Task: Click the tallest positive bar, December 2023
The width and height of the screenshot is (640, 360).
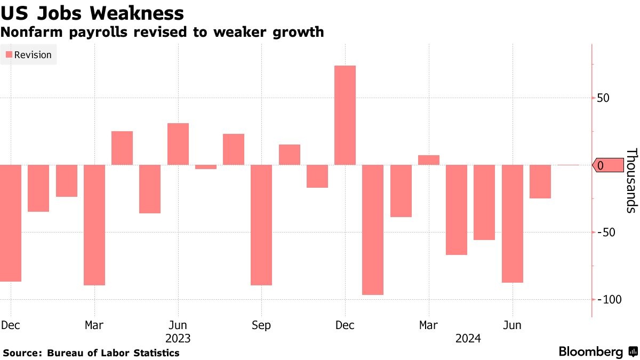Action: (x=345, y=115)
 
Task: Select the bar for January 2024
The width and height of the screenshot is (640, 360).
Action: (x=373, y=229)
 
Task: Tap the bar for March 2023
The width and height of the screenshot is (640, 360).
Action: (x=94, y=225)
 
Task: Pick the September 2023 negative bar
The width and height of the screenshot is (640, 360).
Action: (x=261, y=225)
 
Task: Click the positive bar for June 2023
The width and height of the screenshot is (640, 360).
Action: (x=178, y=144)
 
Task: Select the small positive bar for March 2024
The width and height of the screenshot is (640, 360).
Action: (x=429, y=160)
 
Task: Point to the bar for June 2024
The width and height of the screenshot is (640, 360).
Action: (x=513, y=223)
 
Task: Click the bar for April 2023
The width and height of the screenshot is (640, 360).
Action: (x=122, y=148)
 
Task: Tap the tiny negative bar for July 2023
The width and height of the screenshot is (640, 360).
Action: (x=206, y=167)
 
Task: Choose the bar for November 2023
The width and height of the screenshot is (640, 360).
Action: (x=317, y=176)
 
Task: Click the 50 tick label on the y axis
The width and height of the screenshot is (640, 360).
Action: (x=603, y=98)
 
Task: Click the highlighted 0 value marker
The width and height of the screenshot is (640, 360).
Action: (x=608, y=165)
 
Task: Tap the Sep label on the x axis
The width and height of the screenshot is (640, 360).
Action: (x=261, y=325)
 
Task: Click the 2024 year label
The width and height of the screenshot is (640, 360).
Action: (x=468, y=339)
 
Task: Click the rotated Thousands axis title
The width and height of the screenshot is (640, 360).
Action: (x=630, y=180)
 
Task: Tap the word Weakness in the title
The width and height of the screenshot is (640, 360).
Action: (x=134, y=13)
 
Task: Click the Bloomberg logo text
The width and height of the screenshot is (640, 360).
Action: (x=590, y=352)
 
